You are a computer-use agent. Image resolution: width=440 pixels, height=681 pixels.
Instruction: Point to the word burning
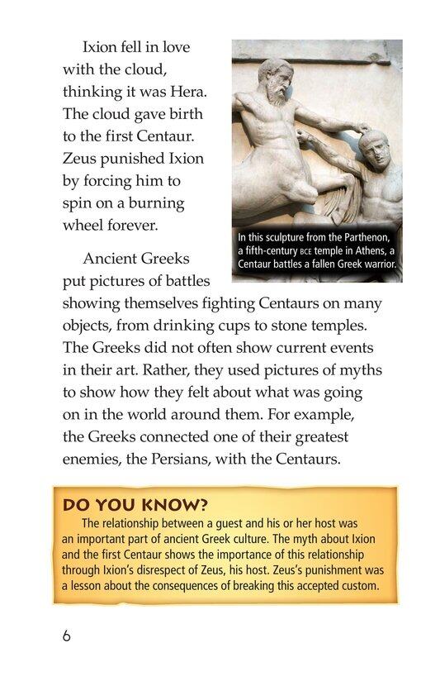tap(155, 202)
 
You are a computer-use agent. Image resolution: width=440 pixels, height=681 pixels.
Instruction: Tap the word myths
tap(360, 370)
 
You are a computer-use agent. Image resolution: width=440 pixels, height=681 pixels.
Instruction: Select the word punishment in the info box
tap(334, 570)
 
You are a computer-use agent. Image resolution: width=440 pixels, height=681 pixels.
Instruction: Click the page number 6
tap(66, 636)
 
